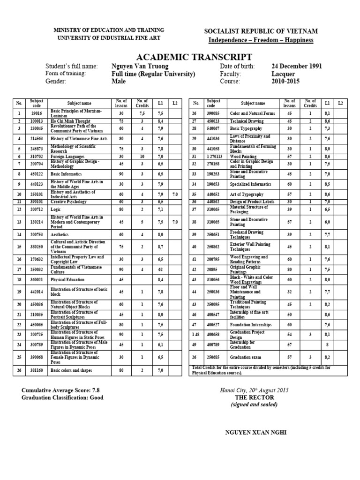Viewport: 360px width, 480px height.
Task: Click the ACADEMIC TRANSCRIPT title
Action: tap(180, 57)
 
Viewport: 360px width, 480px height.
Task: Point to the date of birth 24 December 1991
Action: tap(296, 67)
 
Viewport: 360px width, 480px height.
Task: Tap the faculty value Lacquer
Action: tap(283, 74)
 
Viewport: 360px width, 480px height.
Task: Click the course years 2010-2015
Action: tap(285, 82)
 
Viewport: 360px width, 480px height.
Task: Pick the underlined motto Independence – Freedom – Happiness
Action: tap(261, 40)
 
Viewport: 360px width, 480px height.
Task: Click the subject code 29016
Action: tap(37, 113)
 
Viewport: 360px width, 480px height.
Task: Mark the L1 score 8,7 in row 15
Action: tap(160, 246)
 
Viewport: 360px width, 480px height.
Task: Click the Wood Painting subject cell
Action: tap(244, 156)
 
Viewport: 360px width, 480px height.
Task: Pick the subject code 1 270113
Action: tap(214, 156)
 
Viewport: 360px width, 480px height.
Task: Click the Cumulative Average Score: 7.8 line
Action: tap(61, 390)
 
